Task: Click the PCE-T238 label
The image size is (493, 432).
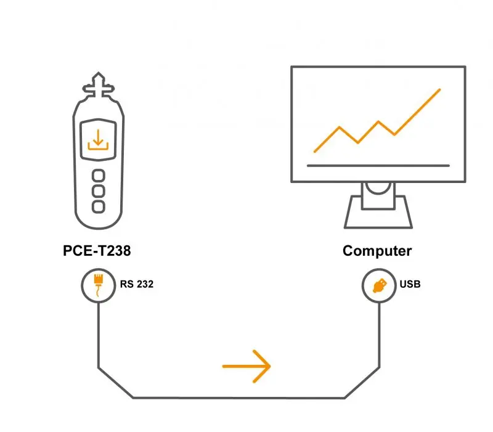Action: point(97,251)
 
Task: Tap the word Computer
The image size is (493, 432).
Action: point(377,251)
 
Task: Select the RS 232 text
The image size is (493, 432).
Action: point(137,284)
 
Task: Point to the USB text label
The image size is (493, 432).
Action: point(410,284)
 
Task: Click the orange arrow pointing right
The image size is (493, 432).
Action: point(246,366)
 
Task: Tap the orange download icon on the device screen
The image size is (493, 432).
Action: point(98,140)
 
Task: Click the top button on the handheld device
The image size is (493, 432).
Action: point(99,176)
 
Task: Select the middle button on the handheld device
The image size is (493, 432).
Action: point(99,191)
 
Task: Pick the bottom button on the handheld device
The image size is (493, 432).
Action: point(99,206)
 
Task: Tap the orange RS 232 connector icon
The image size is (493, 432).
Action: point(99,285)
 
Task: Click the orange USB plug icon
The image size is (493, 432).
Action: point(380,286)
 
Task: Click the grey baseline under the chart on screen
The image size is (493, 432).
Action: point(378,165)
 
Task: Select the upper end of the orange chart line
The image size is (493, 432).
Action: point(439,90)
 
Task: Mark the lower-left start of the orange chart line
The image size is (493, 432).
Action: point(315,152)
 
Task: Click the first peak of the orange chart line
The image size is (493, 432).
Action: point(340,128)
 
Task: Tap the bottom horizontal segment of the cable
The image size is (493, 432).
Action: point(239,398)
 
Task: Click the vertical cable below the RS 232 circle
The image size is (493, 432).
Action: point(99,335)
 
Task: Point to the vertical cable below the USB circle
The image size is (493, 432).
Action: point(379,335)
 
